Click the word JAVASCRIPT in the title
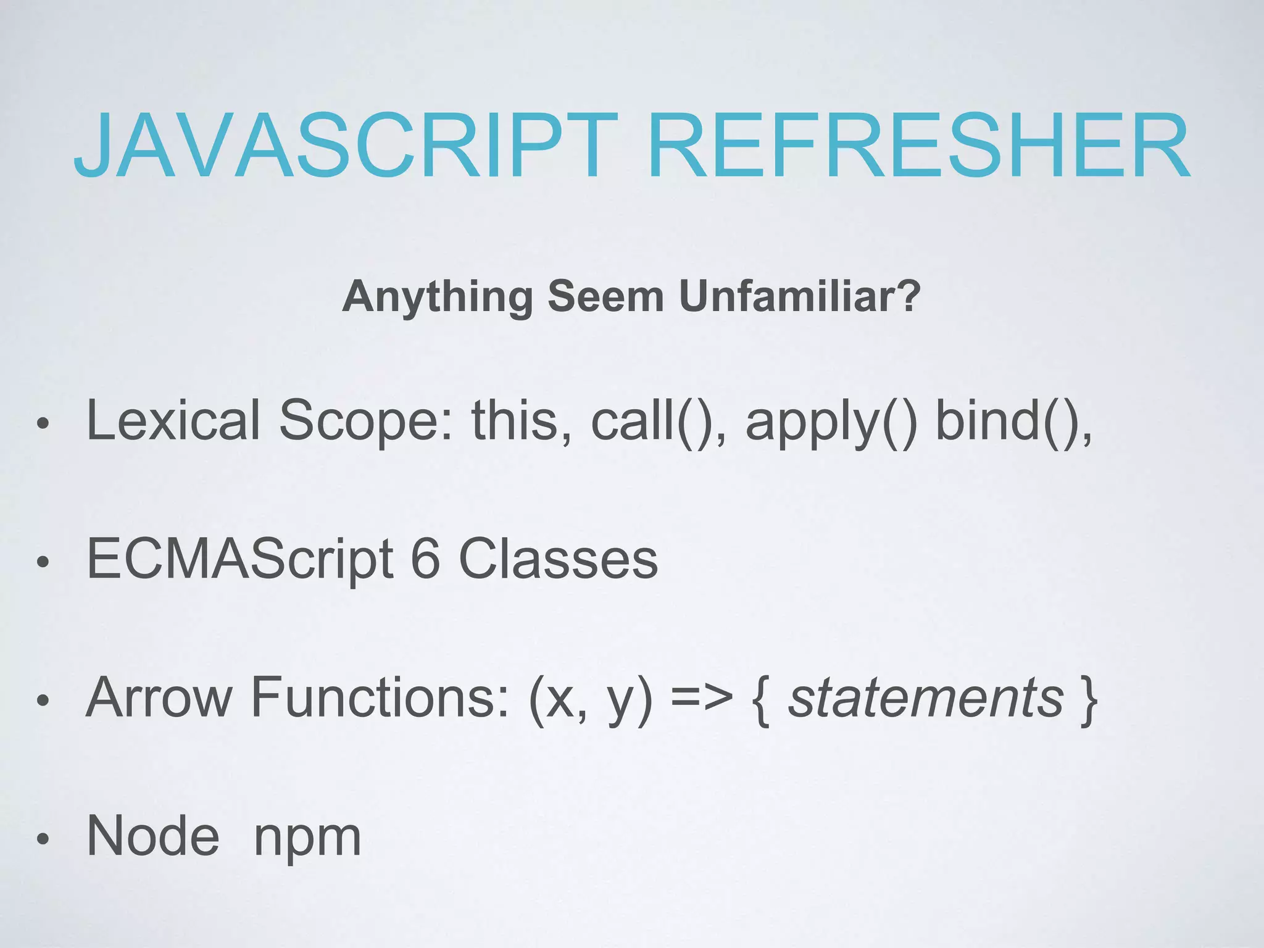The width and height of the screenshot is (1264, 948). tap(346, 146)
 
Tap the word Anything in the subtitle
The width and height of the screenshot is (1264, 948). tap(438, 297)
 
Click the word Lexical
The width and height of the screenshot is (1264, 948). tap(173, 420)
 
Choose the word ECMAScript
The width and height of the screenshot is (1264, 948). tap(240, 560)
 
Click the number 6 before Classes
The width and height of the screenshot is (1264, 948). tap(425, 559)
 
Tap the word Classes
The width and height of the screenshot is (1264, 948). tap(558, 559)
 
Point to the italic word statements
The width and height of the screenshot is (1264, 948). tap(926, 697)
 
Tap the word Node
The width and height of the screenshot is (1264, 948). tap(153, 836)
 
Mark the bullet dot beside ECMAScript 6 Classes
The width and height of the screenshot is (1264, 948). tap(42, 562)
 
